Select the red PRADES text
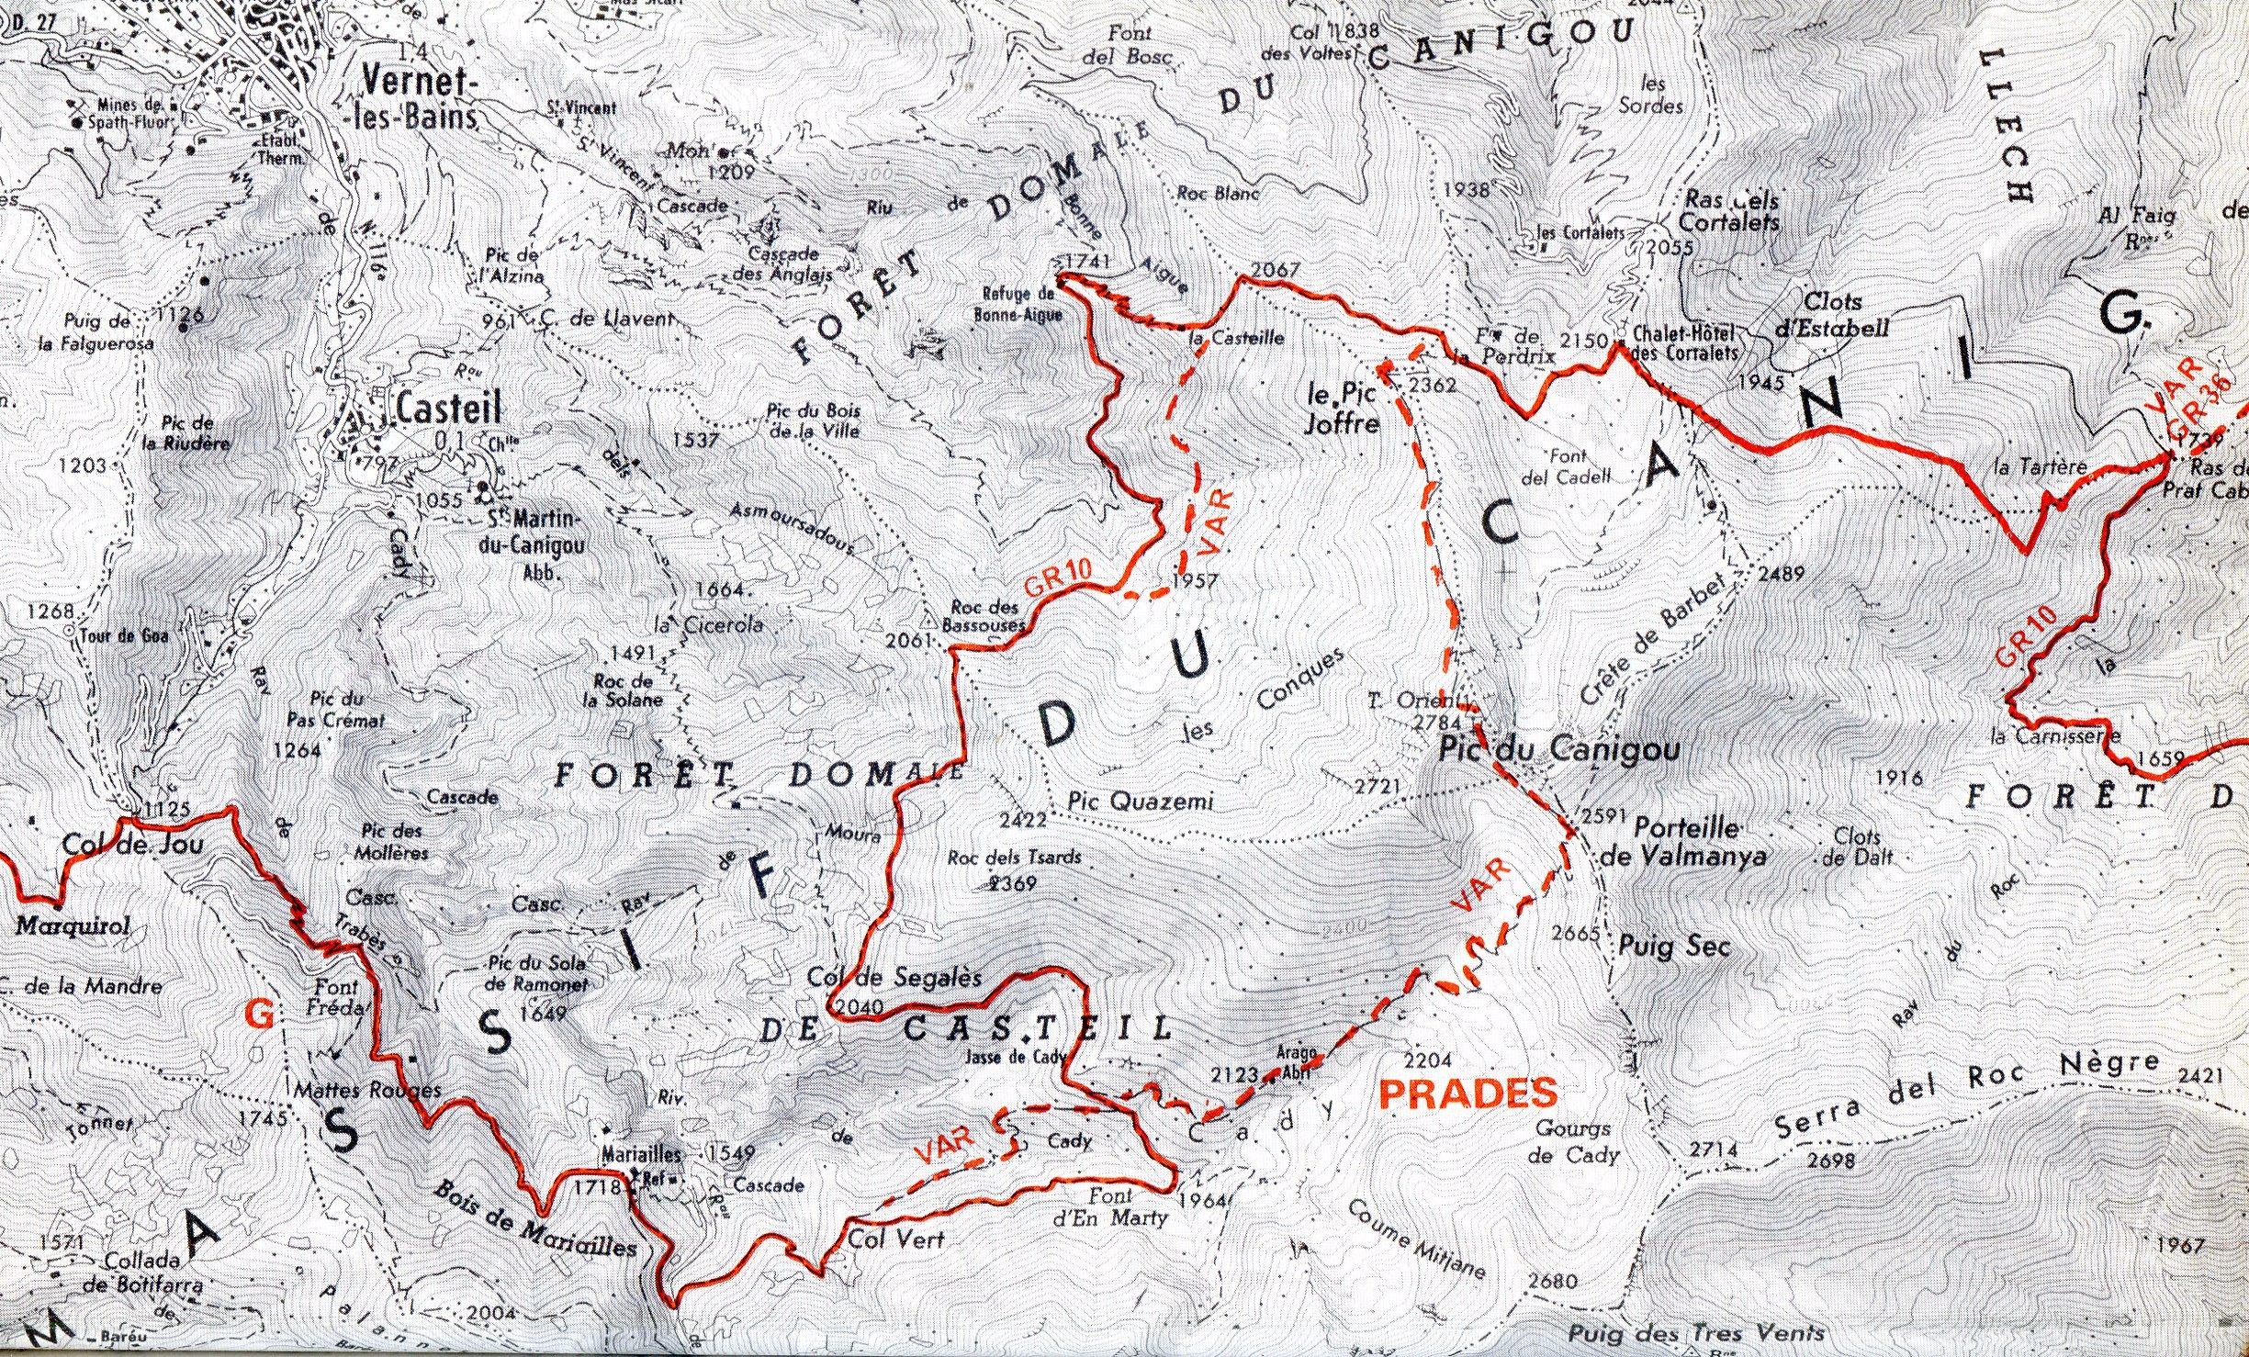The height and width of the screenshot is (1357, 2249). (x=1470, y=1093)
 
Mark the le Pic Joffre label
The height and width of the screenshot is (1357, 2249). (x=1344, y=409)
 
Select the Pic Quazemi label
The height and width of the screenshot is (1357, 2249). (x=1141, y=802)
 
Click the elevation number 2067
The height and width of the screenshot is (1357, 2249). (x=1275, y=270)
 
